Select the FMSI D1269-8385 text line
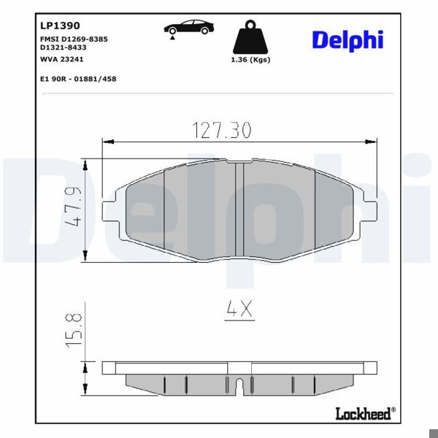74,38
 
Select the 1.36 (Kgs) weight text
250,59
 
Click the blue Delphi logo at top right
347,39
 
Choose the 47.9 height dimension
72,209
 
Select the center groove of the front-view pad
239,208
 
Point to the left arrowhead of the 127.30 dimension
107,141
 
